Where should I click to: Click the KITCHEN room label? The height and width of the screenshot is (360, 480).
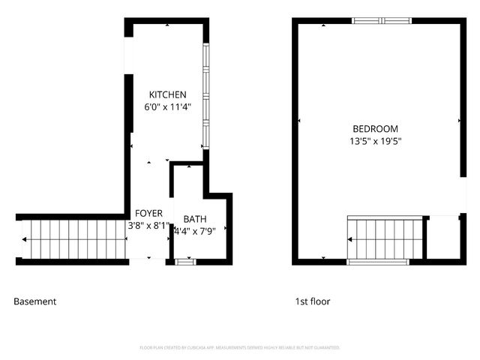[167, 94]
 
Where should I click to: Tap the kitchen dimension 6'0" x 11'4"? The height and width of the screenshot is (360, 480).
[167, 107]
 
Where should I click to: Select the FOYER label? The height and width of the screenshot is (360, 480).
[148, 213]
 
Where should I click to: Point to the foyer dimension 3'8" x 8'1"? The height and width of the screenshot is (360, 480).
[148, 225]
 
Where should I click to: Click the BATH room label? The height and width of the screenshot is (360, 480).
[195, 219]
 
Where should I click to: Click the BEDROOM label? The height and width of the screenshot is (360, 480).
[375, 129]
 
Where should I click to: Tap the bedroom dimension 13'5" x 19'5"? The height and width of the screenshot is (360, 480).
[375, 141]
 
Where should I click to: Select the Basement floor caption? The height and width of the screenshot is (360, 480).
[34, 301]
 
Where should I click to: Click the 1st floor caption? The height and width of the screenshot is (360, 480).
[312, 301]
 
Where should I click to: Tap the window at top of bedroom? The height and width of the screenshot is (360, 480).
[382, 20]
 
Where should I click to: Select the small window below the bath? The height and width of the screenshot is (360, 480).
[185, 262]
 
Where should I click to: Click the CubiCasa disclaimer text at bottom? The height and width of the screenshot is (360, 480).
[240, 348]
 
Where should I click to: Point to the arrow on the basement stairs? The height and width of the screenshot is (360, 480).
[27, 240]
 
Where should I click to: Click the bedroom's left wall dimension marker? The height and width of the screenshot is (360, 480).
[299, 120]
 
